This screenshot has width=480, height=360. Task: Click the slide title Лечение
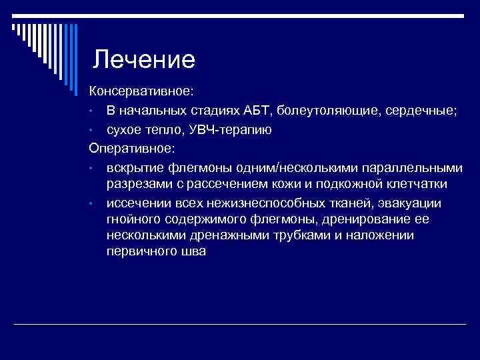tap(143, 60)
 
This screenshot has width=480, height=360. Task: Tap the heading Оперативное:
tap(131, 147)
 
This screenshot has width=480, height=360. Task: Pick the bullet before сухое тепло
tap(94, 129)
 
